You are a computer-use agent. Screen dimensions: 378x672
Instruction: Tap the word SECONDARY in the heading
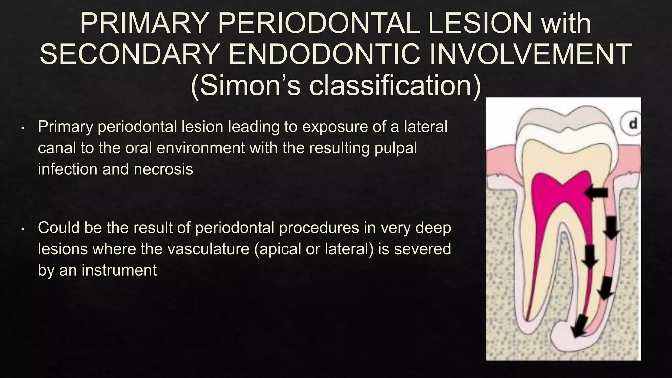point(128,54)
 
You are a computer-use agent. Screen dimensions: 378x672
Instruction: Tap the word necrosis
point(163,169)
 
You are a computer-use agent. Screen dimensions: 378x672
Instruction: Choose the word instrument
point(119,270)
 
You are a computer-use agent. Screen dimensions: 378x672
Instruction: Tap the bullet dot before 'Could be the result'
point(23,229)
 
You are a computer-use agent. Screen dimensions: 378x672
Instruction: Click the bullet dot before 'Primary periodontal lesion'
point(23,128)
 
